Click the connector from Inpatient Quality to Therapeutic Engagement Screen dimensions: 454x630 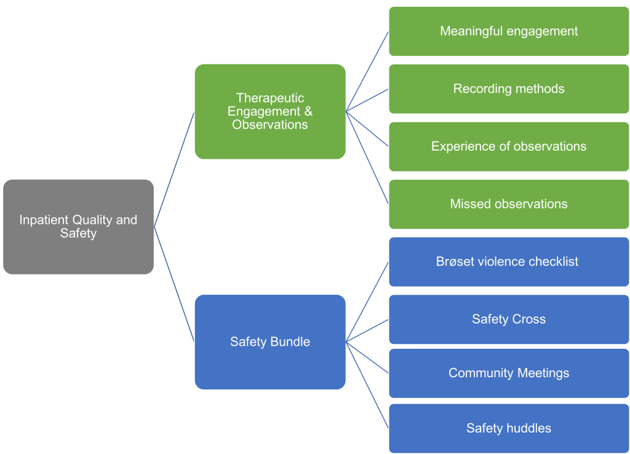pyautogui.click(x=174, y=169)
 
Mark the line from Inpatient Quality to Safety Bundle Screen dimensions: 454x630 pyautogui.click(x=174, y=284)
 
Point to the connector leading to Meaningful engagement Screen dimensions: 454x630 pyautogui.click(x=367, y=71)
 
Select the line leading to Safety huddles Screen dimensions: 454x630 pyautogui.click(x=367, y=384)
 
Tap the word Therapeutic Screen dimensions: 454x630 pyautogui.click(x=270, y=98)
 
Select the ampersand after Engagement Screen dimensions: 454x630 pyautogui.click(x=308, y=111)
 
